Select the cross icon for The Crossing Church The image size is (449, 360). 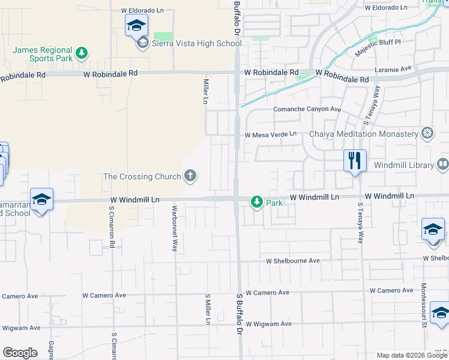190,176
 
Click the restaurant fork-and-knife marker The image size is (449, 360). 355,161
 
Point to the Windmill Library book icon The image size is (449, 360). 442,164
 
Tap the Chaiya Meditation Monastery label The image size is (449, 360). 363,134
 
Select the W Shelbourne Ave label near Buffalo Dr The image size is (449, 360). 294,261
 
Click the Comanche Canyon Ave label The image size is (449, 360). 307,109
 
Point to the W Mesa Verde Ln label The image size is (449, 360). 270,134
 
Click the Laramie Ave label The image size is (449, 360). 393,69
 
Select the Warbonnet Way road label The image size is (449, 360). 174,229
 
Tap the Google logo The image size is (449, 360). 19,353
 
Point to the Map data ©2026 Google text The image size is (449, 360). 411,355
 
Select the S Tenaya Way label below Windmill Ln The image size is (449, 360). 360,223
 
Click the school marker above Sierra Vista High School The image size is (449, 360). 136,26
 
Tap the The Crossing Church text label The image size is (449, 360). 142,176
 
